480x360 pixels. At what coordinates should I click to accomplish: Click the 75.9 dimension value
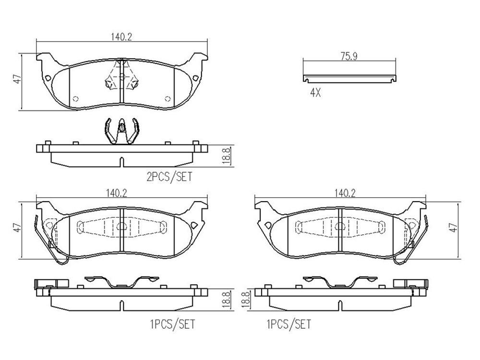pos(349,56)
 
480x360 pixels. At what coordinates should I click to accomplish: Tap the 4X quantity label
pos(315,93)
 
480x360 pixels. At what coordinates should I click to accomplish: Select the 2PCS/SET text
pos(169,177)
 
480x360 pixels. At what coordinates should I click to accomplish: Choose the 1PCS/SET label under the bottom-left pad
pos(172,324)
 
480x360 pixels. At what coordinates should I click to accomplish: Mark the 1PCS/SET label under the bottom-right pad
pos(288,324)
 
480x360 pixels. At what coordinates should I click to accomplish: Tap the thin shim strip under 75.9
pos(349,77)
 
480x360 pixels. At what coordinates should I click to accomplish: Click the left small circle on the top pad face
pos(75,99)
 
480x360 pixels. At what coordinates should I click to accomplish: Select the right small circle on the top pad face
pos(168,99)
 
